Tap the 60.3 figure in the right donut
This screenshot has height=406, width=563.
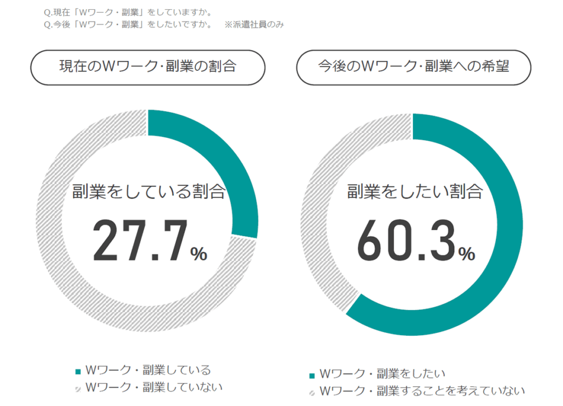(x=406, y=242)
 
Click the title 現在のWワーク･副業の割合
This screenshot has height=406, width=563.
(x=148, y=67)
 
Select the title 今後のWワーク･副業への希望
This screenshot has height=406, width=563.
(x=413, y=67)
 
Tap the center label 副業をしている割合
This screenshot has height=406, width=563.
(x=148, y=192)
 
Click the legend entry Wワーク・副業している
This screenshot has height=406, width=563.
(x=148, y=370)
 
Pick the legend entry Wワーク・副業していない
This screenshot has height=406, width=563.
(x=154, y=387)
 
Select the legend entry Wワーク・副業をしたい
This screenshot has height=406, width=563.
(x=382, y=374)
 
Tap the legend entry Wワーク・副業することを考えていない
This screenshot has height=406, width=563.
(x=422, y=391)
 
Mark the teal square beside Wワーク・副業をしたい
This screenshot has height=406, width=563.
(x=312, y=375)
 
